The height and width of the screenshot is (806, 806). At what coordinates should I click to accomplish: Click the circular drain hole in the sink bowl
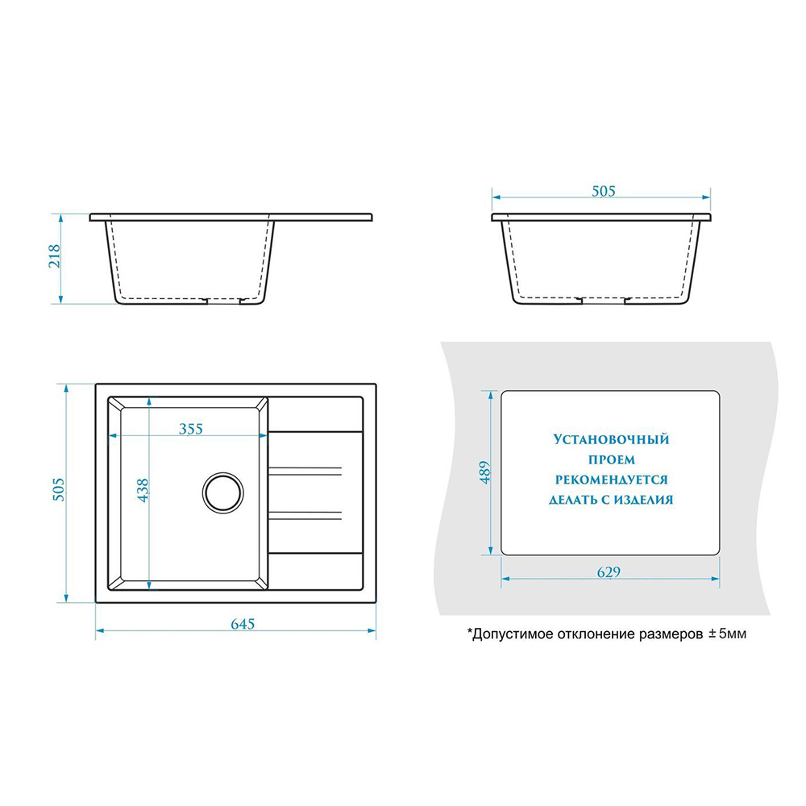pyautogui.click(x=222, y=492)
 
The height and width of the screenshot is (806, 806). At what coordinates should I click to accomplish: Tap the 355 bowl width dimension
pyautogui.click(x=191, y=428)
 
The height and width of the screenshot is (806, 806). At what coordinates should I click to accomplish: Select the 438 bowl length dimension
pyautogui.click(x=143, y=490)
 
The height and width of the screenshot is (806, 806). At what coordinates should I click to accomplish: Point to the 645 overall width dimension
pyautogui.click(x=243, y=624)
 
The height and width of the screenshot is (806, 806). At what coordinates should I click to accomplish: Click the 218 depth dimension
pyautogui.click(x=54, y=256)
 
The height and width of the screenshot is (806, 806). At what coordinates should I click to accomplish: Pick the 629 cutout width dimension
pyautogui.click(x=609, y=571)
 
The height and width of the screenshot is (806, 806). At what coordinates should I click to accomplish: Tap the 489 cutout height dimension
pyautogui.click(x=484, y=472)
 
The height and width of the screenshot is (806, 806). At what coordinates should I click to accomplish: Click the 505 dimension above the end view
pyautogui.click(x=604, y=191)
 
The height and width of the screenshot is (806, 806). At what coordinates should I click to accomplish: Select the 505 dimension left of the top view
pyautogui.click(x=59, y=489)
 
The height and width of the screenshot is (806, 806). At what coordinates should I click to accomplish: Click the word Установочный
pyautogui.click(x=611, y=439)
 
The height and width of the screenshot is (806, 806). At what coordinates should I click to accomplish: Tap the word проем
pyautogui.click(x=611, y=459)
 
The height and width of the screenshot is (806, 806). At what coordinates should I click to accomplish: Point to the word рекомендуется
pyautogui.click(x=611, y=480)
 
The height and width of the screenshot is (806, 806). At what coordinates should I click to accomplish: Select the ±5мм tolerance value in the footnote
pyautogui.click(x=727, y=634)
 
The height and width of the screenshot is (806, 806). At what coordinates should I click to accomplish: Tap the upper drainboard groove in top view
pyautogui.click(x=305, y=472)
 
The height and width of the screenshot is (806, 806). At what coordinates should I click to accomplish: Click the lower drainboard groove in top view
pyautogui.click(x=305, y=516)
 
